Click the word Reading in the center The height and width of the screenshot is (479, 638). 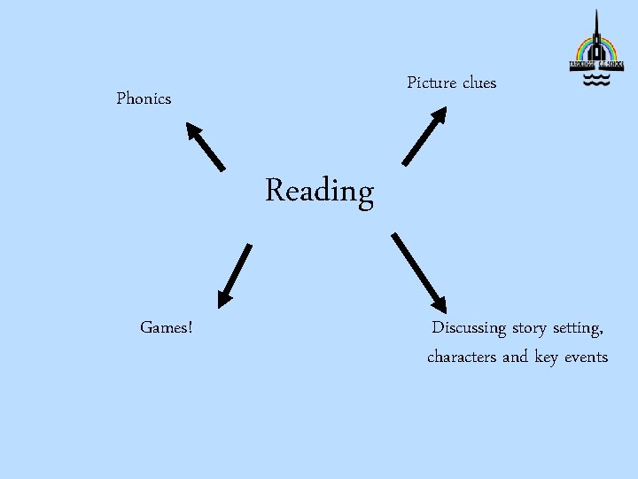point(319,192)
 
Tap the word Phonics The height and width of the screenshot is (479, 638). point(144,98)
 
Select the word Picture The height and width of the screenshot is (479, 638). point(432,82)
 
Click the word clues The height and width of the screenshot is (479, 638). point(478,82)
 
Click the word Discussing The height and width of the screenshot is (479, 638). point(469,328)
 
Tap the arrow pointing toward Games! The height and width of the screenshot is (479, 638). point(235,274)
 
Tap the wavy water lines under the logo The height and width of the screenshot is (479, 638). point(595,81)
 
